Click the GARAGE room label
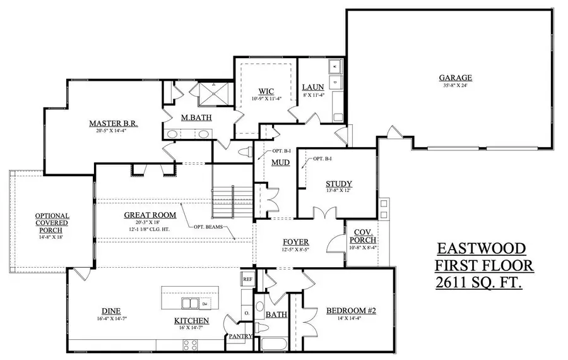(x=456, y=78)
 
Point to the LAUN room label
(x=312, y=87)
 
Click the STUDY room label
(x=339, y=184)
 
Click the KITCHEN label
(x=191, y=321)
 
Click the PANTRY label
(x=240, y=336)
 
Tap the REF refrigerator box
(x=247, y=278)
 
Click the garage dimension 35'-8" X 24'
(x=456, y=86)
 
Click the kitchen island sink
(x=206, y=305)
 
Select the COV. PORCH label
(x=365, y=236)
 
